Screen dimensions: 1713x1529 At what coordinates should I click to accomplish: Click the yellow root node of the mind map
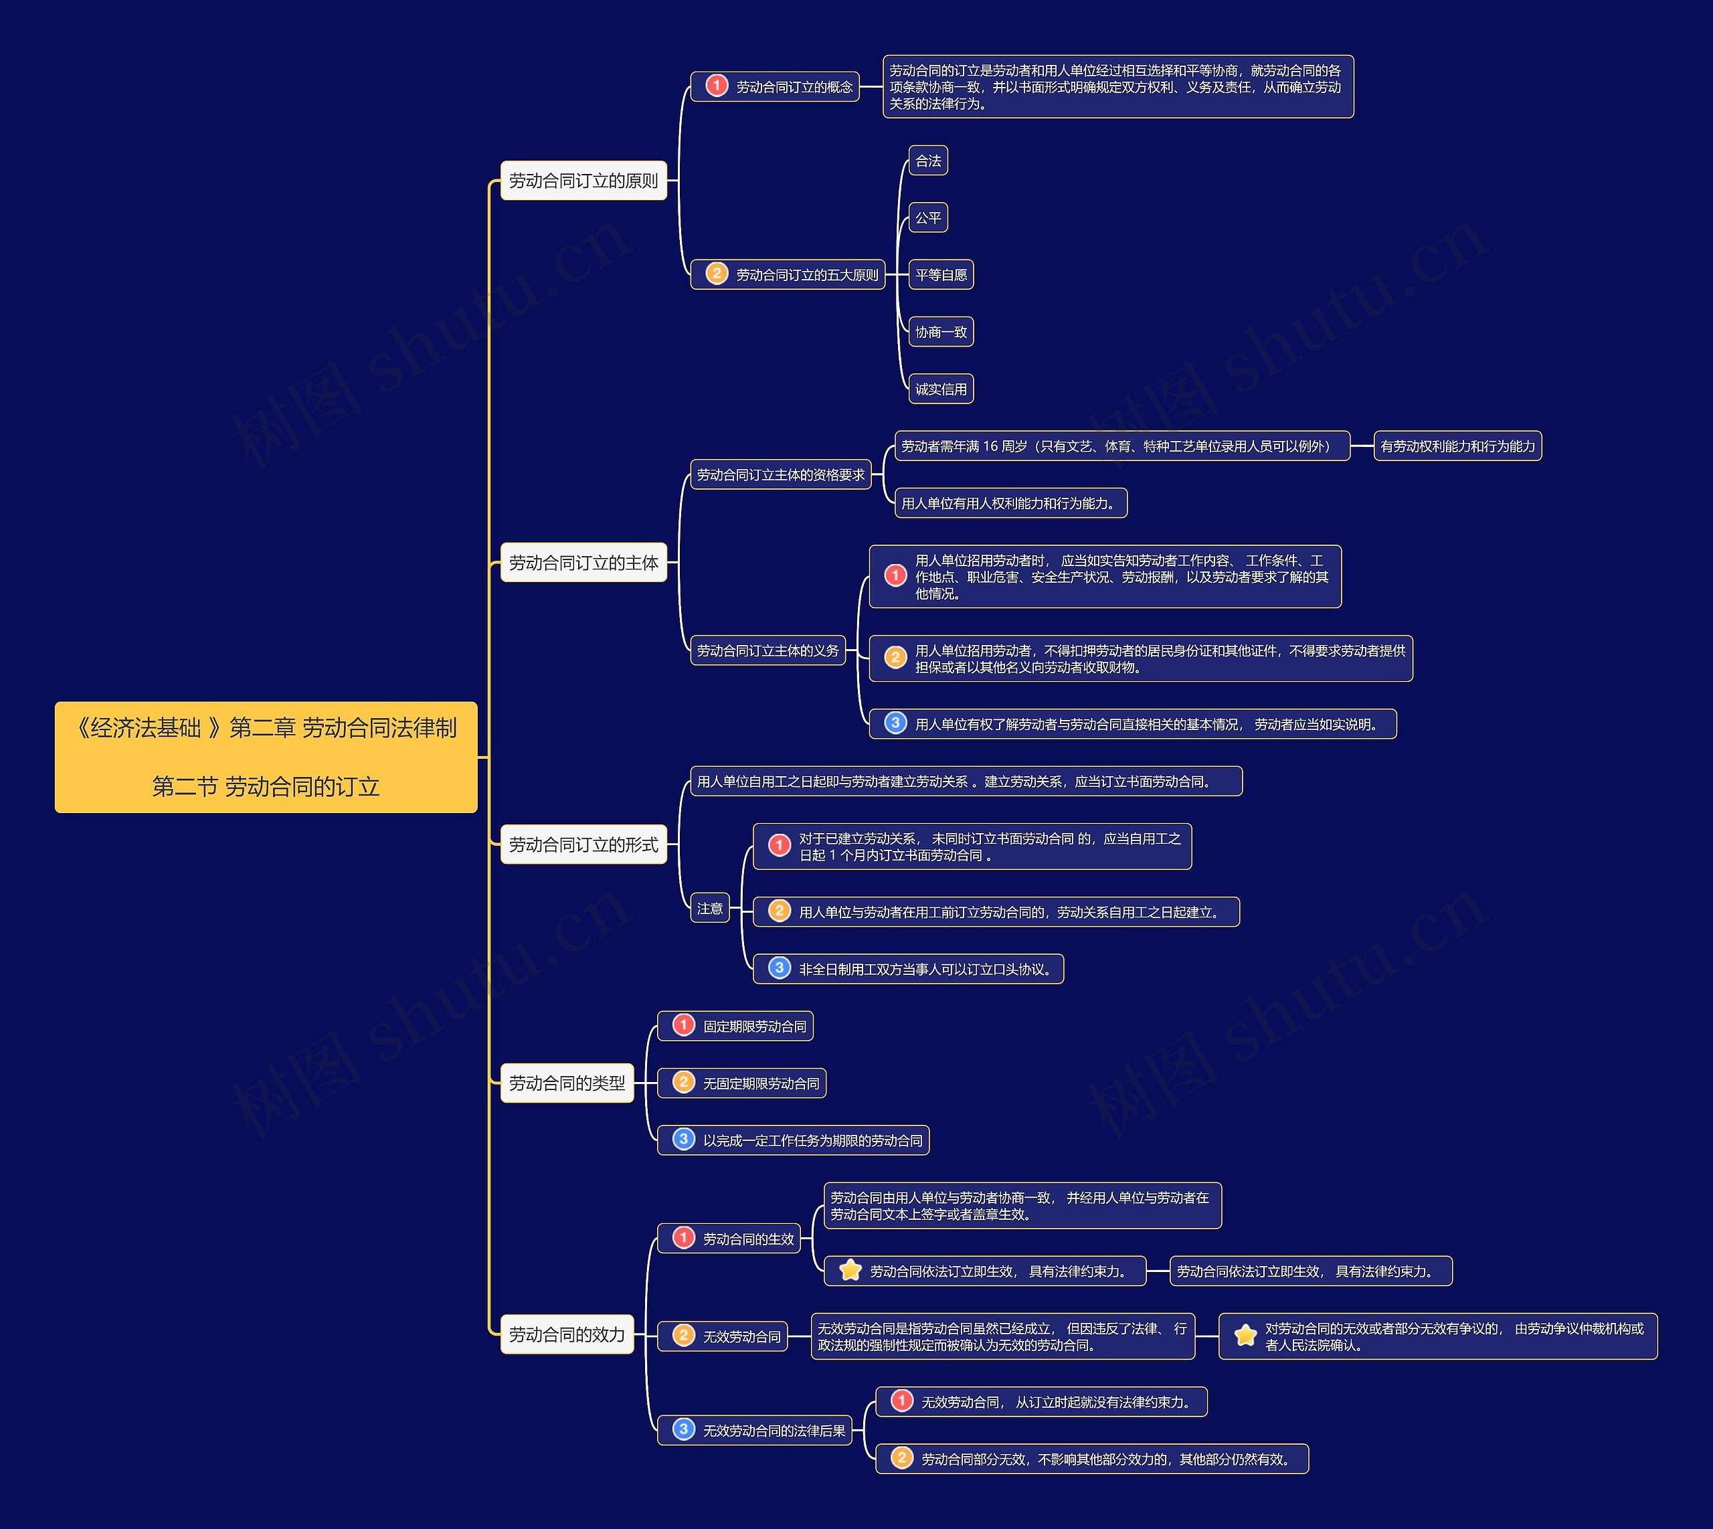(x=266, y=757)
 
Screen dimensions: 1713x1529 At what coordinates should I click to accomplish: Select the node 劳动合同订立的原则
(x=583, y=181)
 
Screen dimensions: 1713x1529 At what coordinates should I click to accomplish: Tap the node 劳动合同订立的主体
(x=583, y=563)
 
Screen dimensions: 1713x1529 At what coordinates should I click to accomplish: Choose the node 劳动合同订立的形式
(x=583, y=844)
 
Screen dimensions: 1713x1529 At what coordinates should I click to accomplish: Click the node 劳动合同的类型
(x=567, y=1083)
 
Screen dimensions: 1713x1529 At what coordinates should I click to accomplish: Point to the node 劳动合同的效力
(x=567, y=1334)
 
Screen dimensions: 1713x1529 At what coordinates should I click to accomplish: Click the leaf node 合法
(x=927, y=161)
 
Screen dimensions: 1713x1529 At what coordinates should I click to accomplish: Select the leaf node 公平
(x=927, y=217)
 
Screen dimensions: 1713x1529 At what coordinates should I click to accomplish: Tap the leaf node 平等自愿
(x=940, y=275)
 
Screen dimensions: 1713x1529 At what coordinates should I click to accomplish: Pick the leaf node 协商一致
(x=940, y=332)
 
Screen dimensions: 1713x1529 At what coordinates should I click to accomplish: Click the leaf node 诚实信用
(x=940, y=389)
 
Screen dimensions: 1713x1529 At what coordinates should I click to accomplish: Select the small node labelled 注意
(x=709, y=908)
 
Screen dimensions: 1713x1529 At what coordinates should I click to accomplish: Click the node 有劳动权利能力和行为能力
(x=1457, y=446)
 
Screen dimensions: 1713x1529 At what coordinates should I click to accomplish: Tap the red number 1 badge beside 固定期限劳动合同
(x=684, y=1025)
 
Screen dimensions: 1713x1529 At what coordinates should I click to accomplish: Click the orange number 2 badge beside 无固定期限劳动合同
(x=684, y=1082)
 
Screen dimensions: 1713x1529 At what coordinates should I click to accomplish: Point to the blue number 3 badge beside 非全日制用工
(x=779, y=968)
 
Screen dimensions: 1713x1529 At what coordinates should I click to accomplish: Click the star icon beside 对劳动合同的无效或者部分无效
(x=1245, y=1335)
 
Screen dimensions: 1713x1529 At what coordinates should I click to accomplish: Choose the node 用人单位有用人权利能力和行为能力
(x=1010, y=503)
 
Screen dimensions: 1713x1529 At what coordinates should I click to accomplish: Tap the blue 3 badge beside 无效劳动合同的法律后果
(x=684, y=1429)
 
